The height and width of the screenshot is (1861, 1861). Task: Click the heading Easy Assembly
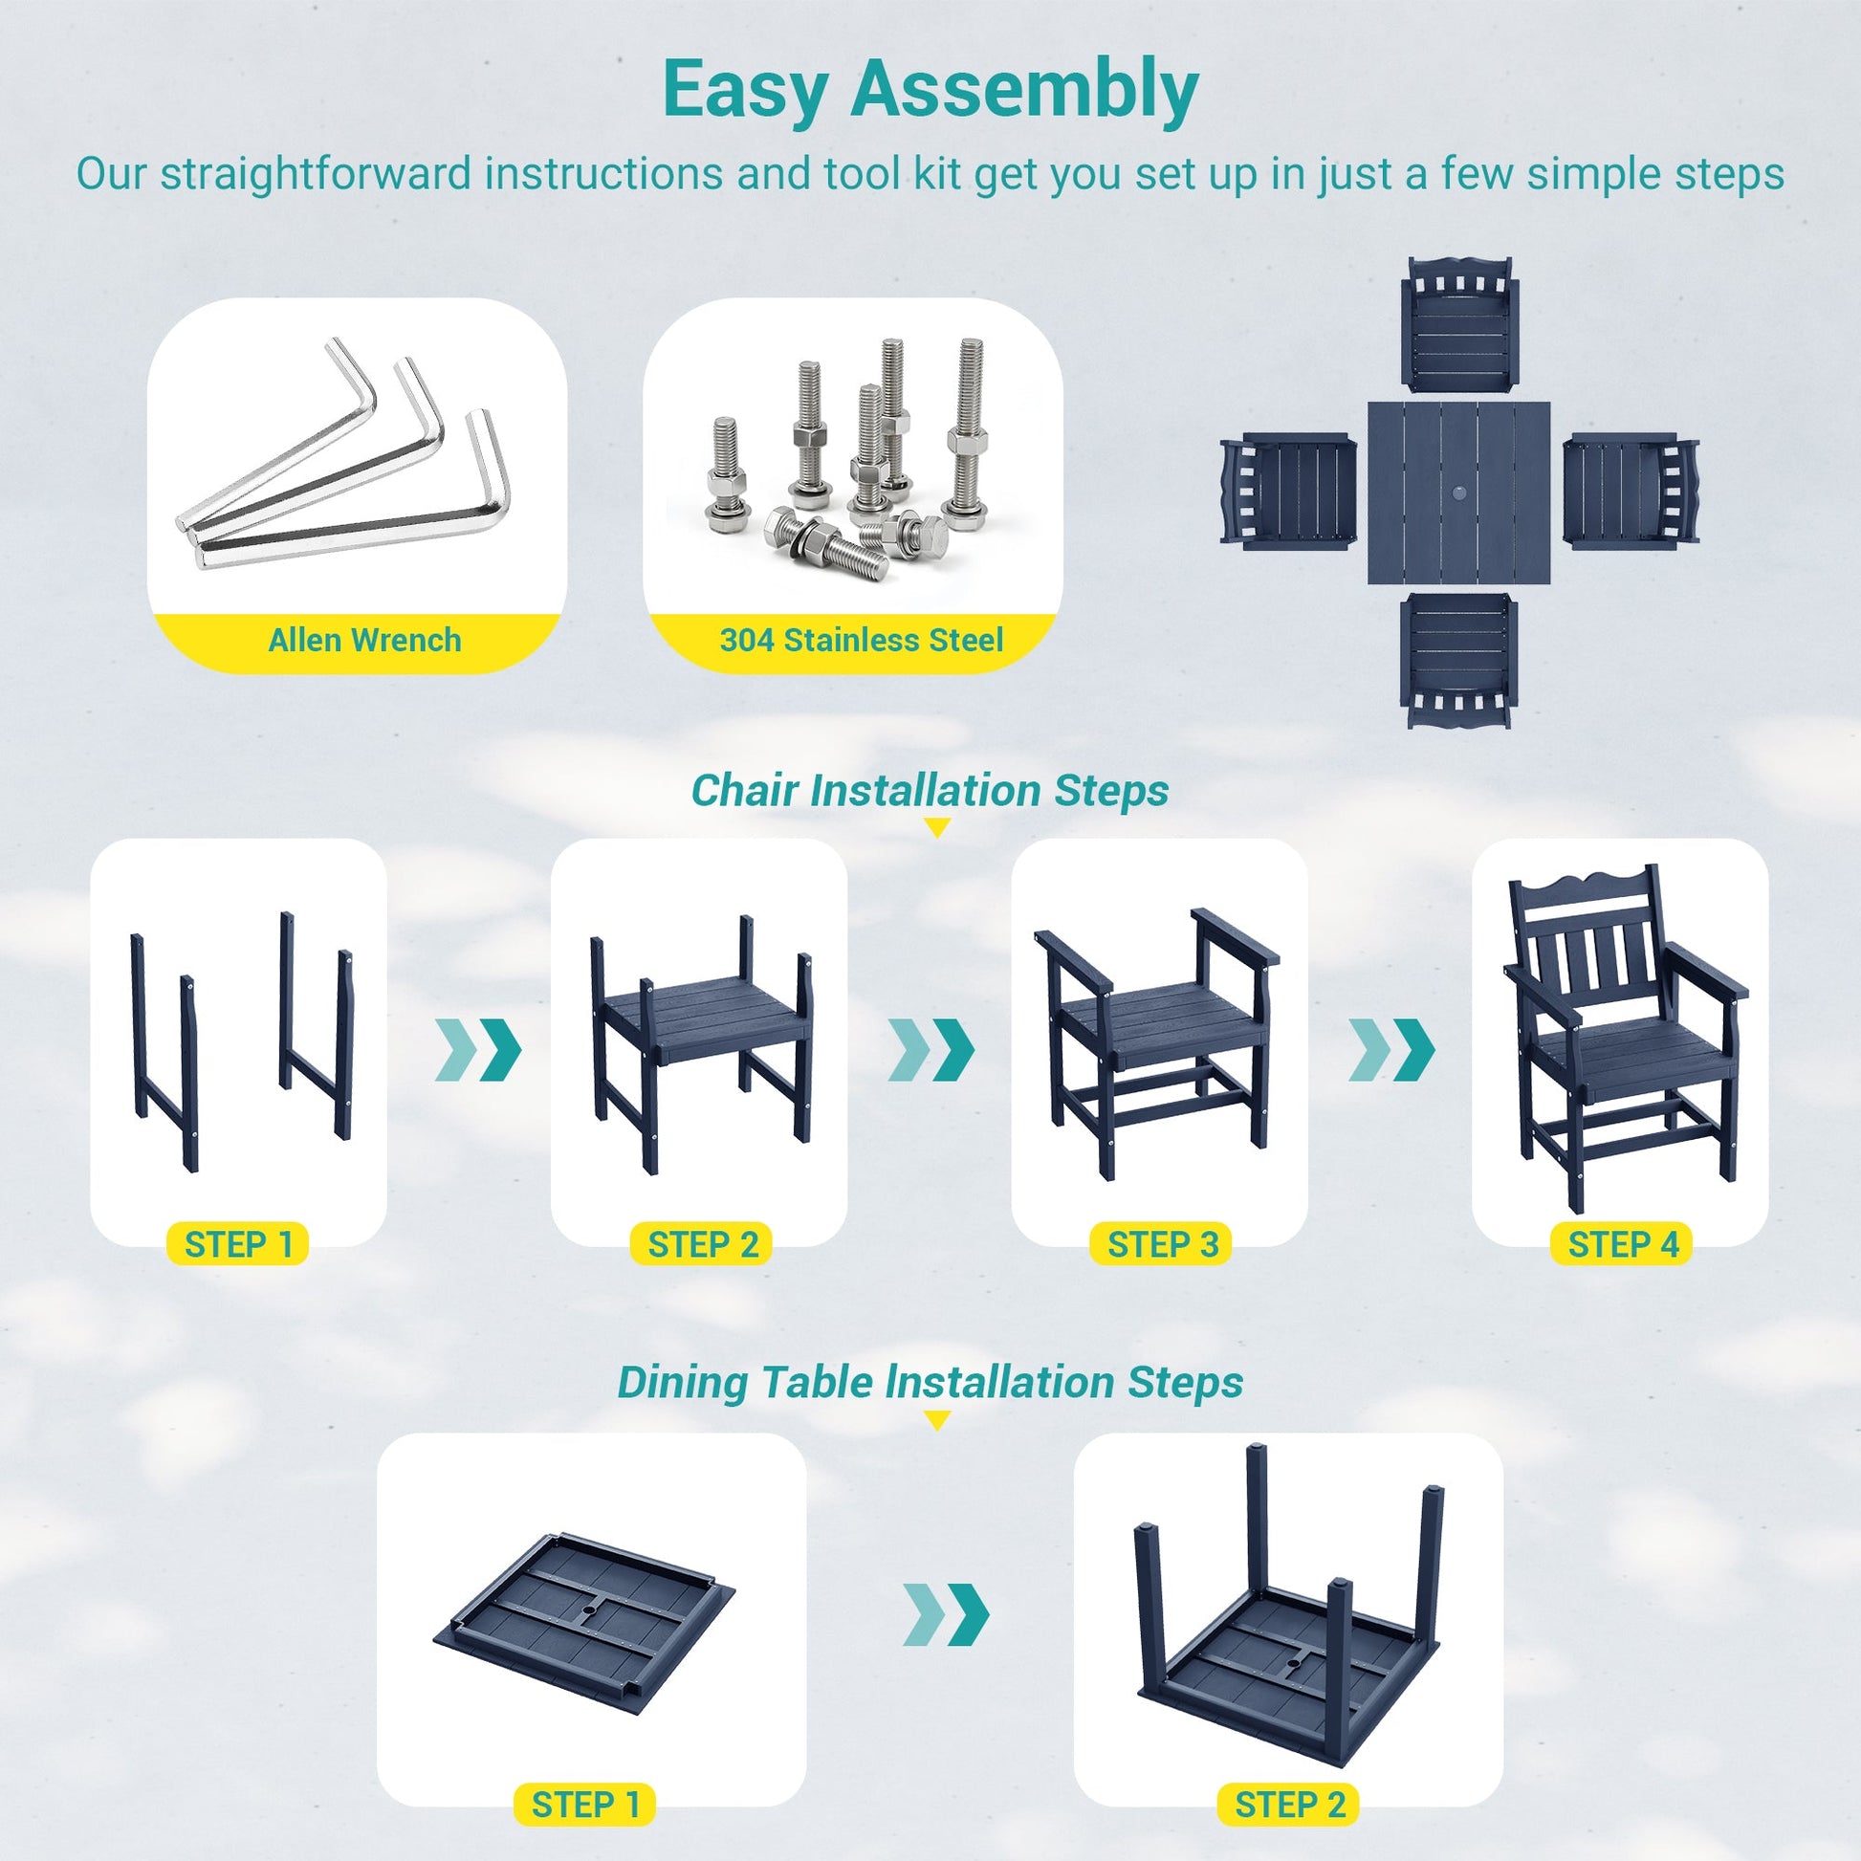pos(930,91)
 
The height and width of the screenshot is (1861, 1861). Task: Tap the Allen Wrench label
pos(364,640)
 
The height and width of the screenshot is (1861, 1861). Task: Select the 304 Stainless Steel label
pos(861,640)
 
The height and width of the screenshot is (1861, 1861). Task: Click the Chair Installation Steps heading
pos(930,791)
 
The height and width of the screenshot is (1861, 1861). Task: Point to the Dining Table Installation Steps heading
pos(930,1382)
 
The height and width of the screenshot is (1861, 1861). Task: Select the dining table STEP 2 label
pos(1290,1805)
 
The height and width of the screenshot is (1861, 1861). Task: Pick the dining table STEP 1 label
pos(585,1805)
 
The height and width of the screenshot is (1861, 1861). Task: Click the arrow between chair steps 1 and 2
pos(479,1048)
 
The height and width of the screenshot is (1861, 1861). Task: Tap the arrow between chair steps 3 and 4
pos(1390,1048)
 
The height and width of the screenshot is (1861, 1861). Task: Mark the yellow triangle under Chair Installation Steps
pos(936,826)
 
